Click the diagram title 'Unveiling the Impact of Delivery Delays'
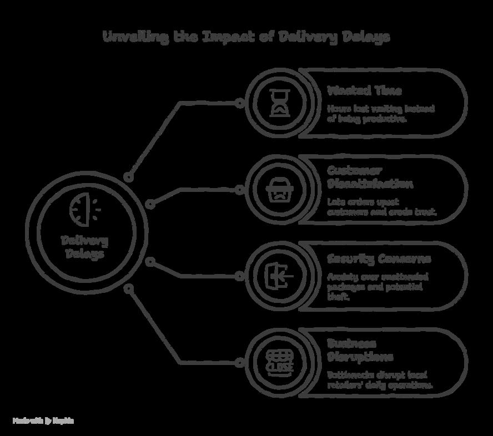(247, 37)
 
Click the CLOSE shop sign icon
(279, 362)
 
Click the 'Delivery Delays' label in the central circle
(84, 247)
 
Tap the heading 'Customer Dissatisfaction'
(370, 177)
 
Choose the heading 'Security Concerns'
(379, 259)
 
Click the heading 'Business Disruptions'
(360, 350)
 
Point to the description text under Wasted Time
(380, 113)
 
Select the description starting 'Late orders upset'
(382, 207)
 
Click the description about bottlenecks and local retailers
(380, 380)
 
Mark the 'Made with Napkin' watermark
(43, 421)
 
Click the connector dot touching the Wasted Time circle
(239, 103)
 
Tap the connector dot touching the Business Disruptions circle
(239, 363)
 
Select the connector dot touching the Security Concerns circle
(239, 276)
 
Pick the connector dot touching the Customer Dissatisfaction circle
(239, 190)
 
